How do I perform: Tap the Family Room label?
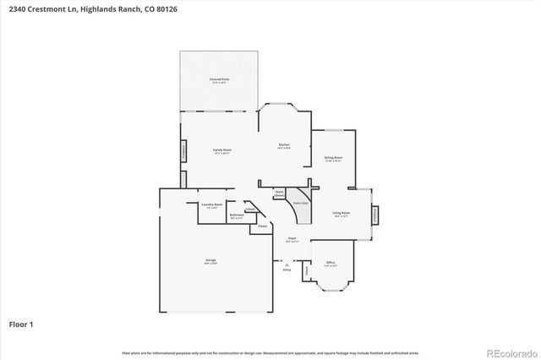[222, 150]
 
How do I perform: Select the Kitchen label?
[284, 146]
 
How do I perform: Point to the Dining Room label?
[333, 158]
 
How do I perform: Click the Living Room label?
[342, 214]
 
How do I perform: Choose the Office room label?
[331, 263]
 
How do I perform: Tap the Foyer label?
[291, 240]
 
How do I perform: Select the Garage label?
[210, 261]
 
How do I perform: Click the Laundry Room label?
[211, 205]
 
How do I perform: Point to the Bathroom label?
[237, 215]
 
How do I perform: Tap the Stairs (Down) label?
[279, 193]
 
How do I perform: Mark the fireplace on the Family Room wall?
[183, 152]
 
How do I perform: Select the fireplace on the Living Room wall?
[376, 215]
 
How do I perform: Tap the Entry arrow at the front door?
[286, 268]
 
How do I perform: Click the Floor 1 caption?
[20, 324]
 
